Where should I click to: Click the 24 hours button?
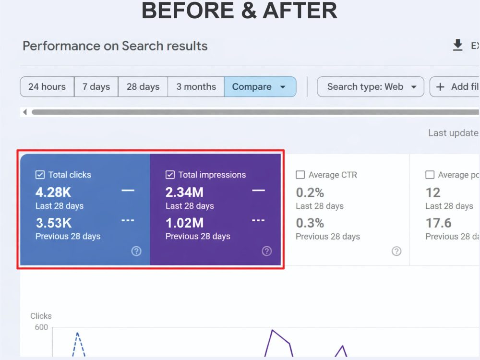47,86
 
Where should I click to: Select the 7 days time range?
96,86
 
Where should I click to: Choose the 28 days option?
143,86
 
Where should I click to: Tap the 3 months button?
196,86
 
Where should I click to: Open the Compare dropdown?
260,86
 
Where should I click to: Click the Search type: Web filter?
371,86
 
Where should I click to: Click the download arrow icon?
457,45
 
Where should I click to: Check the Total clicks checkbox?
40,175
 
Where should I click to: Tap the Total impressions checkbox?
170,175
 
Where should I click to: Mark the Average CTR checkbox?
300,175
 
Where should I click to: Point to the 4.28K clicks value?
53,192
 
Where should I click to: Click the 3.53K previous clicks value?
54,223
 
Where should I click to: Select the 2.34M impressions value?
184,192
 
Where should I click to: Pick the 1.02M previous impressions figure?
184,223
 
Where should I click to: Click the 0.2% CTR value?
310,192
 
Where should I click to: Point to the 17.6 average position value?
438,223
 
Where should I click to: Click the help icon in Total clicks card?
136,251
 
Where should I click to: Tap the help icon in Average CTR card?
396,251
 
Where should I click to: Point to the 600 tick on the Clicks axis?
41,327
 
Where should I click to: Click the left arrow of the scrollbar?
25,112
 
